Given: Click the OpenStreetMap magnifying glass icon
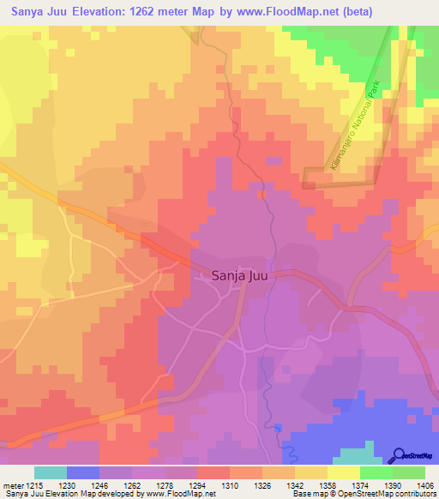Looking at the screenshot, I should [x=398, y=455].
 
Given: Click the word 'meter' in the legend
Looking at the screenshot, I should [x=15, y=484].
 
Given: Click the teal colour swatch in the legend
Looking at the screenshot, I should [x=50, y=472].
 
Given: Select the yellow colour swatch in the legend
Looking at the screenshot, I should [x=343, y=472].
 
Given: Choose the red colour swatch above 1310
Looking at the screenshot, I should [x=213, y=472].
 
